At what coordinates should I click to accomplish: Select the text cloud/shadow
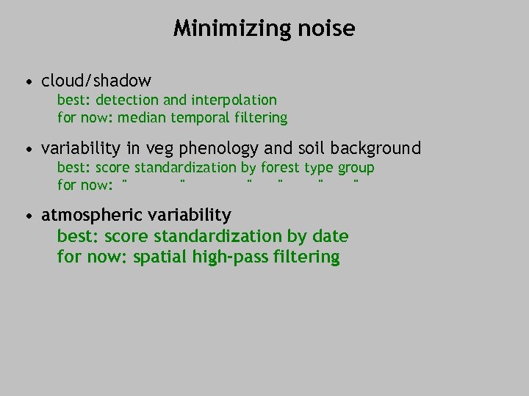click(96, 80)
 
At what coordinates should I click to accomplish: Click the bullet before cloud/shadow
click(27, 81)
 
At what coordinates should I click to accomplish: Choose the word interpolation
click(234, 100)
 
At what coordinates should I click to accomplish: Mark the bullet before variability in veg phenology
click(27, 149)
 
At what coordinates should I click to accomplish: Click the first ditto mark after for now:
click(125, 180)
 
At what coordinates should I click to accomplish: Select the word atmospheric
click(92, 216)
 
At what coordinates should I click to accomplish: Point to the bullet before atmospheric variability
click(27, 216)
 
